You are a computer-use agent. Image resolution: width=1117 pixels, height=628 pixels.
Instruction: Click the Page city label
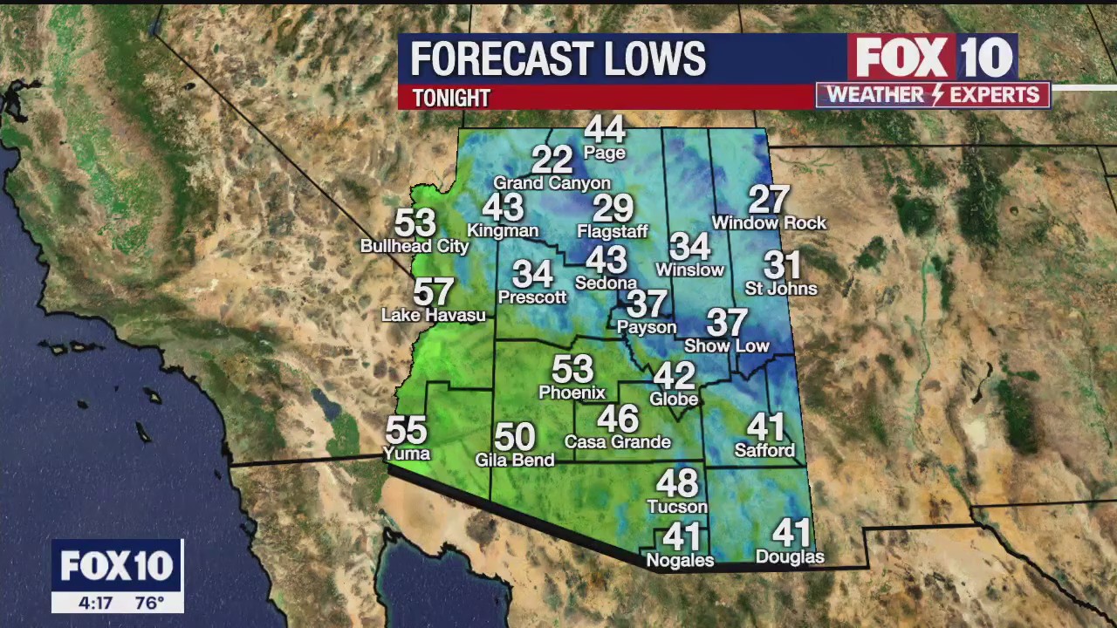tap(605, 154)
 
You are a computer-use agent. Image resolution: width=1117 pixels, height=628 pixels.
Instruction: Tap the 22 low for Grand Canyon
tap(552, 160)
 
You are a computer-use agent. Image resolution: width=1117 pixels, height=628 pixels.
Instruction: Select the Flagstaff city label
tap(613, 232)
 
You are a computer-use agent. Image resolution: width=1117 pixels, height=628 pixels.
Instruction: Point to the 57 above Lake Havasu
tap(433, 292)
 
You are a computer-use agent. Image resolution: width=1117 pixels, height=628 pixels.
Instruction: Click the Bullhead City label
tap(415, 247)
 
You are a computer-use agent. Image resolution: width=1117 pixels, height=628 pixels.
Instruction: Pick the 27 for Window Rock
tap(769, 200)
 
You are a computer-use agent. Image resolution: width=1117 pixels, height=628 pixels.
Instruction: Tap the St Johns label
tap(781, 289)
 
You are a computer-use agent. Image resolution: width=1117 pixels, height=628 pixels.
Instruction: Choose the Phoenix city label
tap(572, 392)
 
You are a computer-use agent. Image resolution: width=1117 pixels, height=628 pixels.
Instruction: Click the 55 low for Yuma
tap(406, 430)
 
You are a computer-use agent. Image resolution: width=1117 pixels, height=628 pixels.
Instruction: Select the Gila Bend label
tap(515, 460)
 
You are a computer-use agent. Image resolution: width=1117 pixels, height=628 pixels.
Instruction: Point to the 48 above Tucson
tap(677, 483)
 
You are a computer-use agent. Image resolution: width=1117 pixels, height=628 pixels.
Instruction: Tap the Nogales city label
tap(680, 561)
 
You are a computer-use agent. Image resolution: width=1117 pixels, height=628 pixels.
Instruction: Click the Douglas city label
tap(790, 556)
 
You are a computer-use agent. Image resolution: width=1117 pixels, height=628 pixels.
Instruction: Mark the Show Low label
tap(727, 346)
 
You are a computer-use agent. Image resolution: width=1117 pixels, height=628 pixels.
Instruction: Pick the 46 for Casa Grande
tap(618, 419)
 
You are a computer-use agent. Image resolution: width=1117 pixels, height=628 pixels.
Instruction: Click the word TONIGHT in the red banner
tap(451, 98)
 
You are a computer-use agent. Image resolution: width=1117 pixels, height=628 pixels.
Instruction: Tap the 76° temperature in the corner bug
tap(150, 603)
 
